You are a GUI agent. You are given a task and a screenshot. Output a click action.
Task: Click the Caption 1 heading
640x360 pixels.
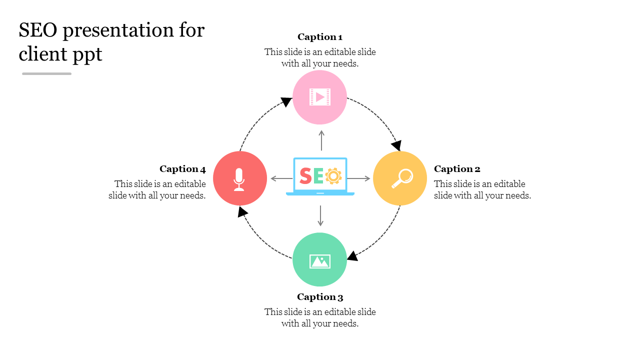[320, 37]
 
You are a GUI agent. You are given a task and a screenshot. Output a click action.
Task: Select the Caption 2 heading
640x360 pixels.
[457, 169]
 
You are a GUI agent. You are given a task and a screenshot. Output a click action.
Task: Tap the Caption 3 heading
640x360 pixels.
[320, 297]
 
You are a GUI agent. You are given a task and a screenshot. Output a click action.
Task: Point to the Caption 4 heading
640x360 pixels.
[182, 169]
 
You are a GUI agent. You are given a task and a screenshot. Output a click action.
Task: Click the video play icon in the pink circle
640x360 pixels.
[320, 97]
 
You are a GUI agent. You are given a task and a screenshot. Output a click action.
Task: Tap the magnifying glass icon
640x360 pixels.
[401, 178]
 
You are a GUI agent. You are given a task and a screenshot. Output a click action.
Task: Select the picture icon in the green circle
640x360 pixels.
[320, 261]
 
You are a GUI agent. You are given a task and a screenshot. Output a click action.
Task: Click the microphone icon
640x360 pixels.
[239, 179]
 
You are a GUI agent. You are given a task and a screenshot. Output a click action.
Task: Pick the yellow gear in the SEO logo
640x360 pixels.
[333, 175]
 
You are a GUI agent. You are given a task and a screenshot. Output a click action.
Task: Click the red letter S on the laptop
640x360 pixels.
[305, 176]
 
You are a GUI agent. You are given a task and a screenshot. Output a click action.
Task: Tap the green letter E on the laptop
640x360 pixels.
[318, 176]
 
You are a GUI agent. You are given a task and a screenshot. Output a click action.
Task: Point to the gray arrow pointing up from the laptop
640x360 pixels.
[321, 140]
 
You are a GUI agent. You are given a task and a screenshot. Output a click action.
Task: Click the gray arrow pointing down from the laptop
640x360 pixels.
[320, 215]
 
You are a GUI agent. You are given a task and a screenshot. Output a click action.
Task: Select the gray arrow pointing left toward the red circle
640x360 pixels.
[281, 178]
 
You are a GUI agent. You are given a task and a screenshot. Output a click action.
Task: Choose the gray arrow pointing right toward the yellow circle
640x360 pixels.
[359, 178]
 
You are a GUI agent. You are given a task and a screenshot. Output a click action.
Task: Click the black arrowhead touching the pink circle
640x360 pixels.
[286, 101]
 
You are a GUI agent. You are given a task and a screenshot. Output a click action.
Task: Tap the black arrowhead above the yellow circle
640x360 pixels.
[396, 145]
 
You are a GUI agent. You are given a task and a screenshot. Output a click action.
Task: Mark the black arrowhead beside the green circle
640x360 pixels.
[352, 256]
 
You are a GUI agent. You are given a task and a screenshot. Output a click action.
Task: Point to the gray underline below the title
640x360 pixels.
[46, 73]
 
